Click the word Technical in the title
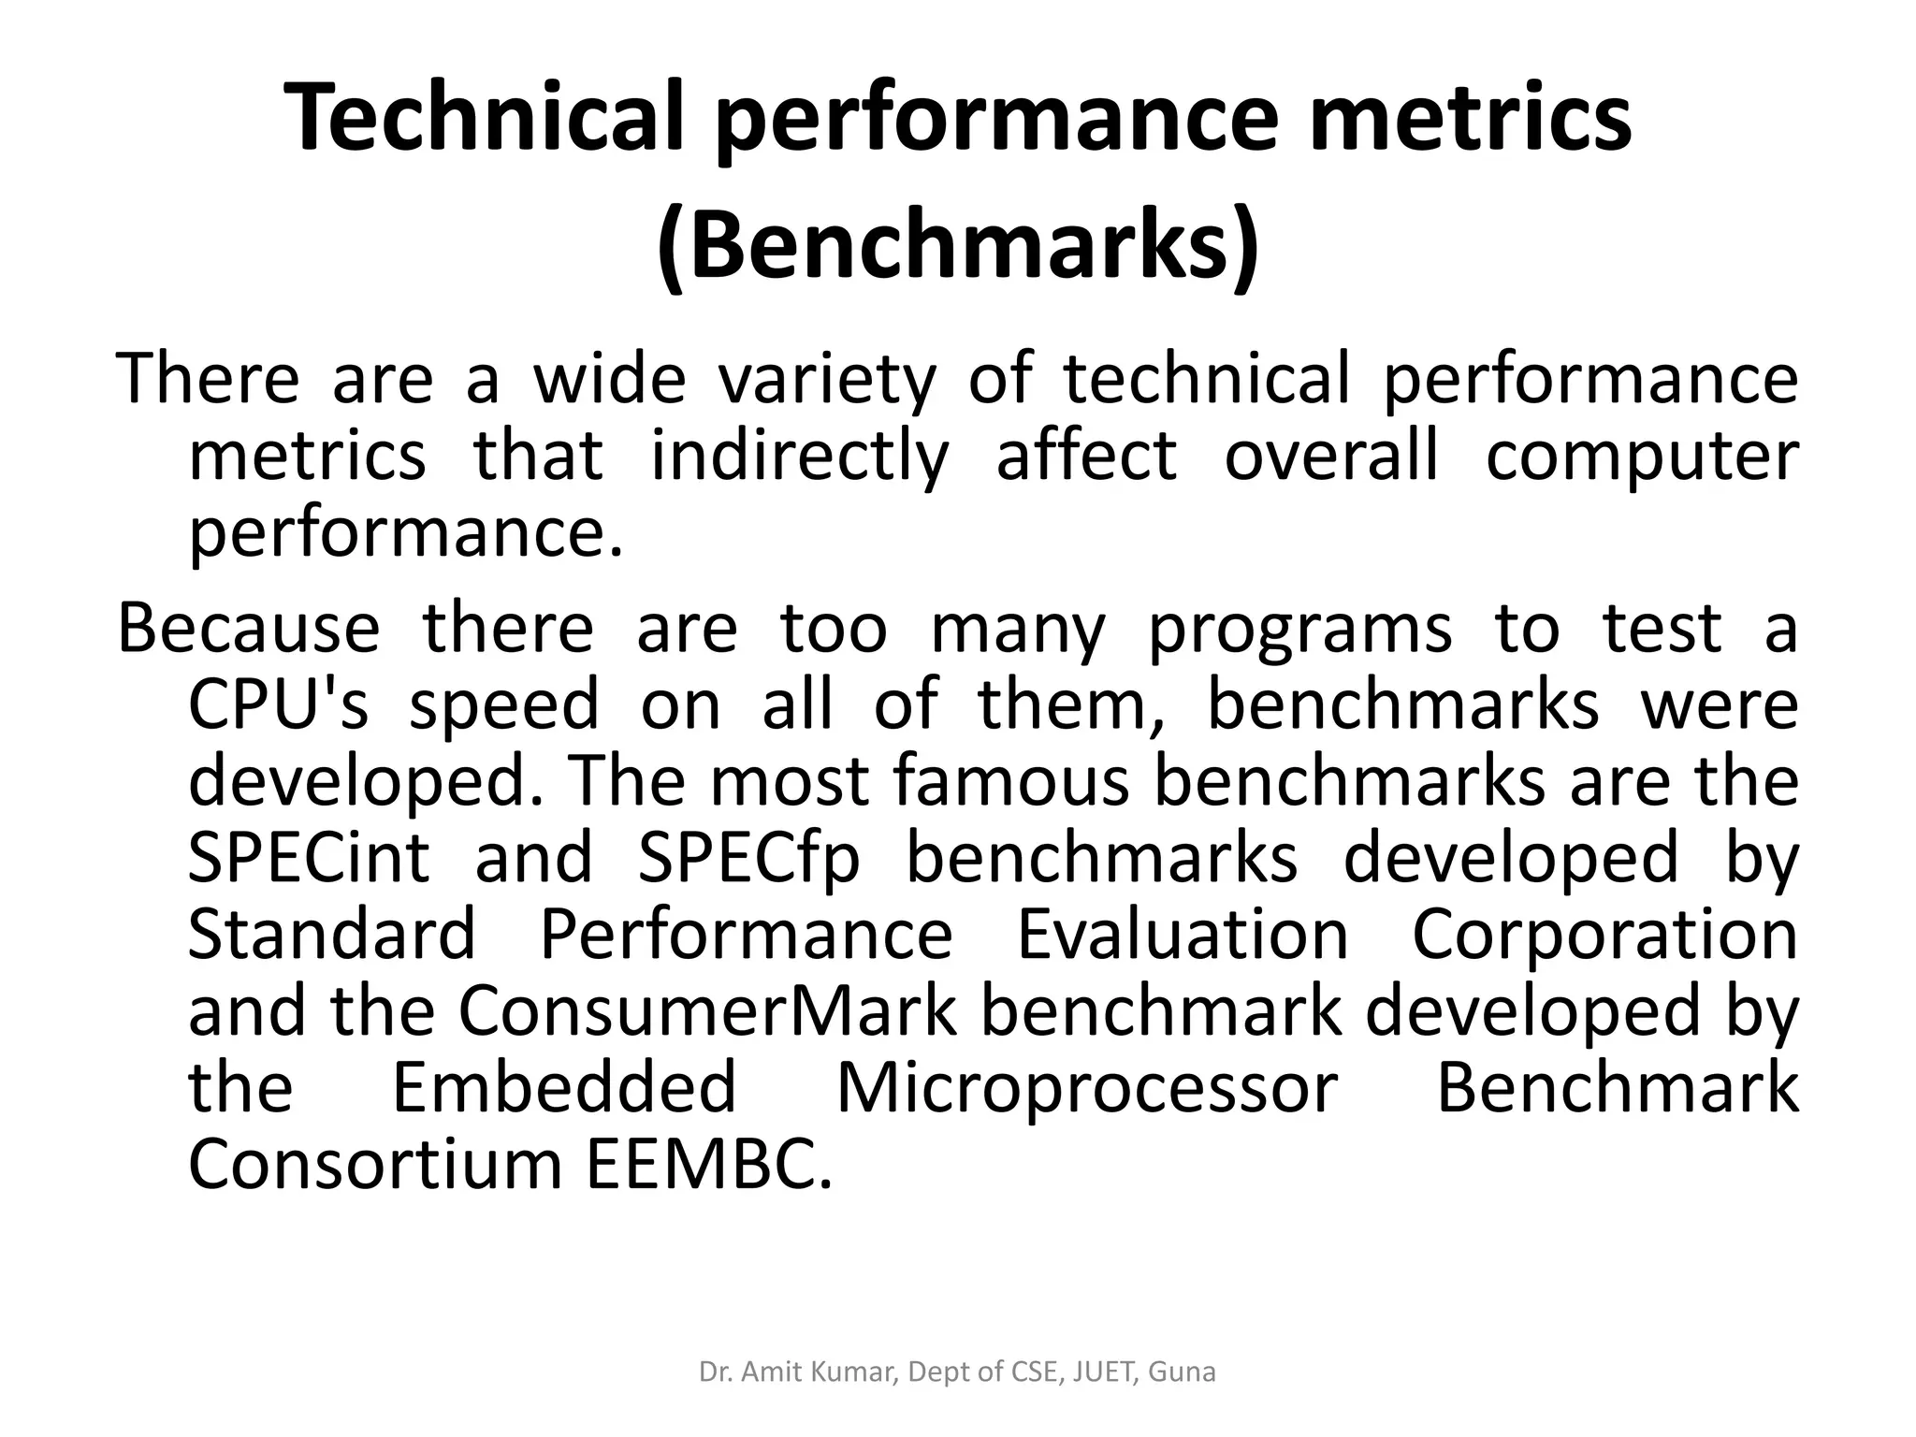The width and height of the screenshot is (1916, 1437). (x=497, y=118)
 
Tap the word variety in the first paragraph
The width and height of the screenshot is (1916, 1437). (x=826, y=380)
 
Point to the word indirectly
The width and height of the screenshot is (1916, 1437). (x=799, y=457)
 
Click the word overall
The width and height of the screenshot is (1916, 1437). (x=1331, y=457)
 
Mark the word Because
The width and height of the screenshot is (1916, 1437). (x=248, y=629)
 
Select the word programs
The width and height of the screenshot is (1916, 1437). (x=1299, y=631)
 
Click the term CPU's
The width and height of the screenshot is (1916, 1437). (x=279, y=705)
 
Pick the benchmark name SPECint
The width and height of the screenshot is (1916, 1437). (x=309, y=859)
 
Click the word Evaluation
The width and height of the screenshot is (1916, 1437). (x=1183, y=936)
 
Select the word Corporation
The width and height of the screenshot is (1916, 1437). (x=1604, y=936)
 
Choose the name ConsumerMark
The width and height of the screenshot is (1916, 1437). (x=708, y=1012)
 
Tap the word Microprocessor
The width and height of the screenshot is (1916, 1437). (x=1086, y=1089)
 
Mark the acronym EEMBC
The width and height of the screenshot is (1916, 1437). (x=709, y=1166)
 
